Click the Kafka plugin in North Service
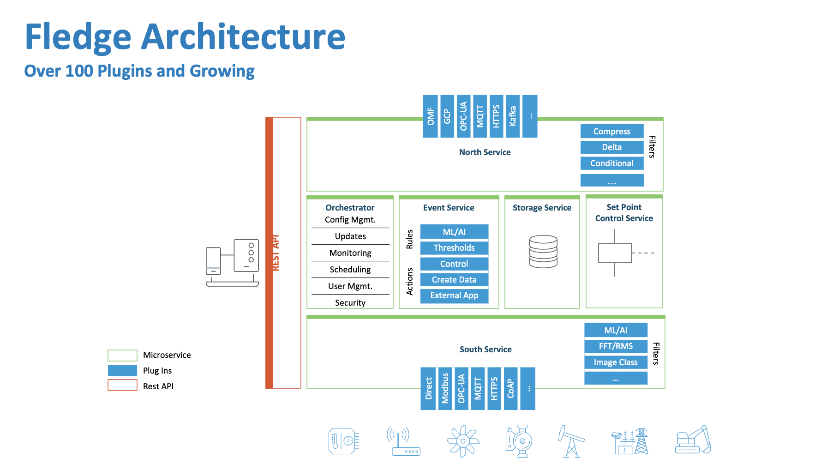click(x=512, y=116)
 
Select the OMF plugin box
click(x=430, y=116)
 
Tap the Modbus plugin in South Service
click(x=445, y=389)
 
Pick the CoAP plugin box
click(x=510, y=389)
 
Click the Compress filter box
click(x=611, y=131)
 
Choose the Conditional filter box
click(x=611, y=163)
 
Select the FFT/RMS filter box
click(x=616, y=346)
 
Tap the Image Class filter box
click(x=616, y=362)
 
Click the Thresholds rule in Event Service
click(x=454, y=248)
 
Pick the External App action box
click(x=454, y=295)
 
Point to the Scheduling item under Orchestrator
click(x=350, y=270)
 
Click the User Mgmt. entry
click(x=350, y=286)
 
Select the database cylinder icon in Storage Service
click(x=543, y=251)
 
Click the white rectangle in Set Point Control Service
click(x=615, y=253)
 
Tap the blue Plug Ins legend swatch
click(x=122, y=370)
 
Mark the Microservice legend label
click(x=167, y=355)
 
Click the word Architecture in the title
click(x=243, y=37)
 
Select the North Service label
click(x=485, y=152)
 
